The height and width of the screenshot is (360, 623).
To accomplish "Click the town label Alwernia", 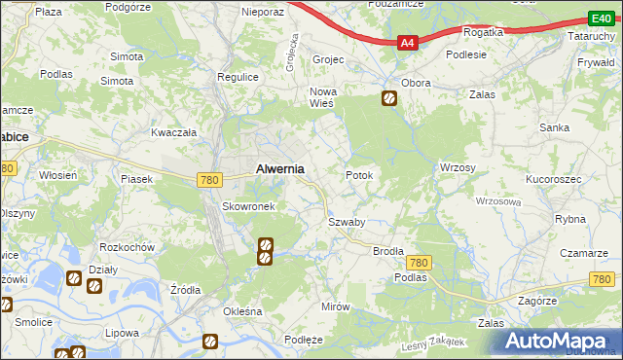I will (279, 168).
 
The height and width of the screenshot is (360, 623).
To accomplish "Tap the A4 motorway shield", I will (409, 42).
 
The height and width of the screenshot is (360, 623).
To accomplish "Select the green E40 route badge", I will (601, 18).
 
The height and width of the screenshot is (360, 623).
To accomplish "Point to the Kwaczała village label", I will (174, 131).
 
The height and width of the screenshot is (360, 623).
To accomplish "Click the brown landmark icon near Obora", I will (388, 98).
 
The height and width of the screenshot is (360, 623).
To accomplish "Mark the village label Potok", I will (359, 175).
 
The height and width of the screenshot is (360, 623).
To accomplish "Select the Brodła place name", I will (388, 250).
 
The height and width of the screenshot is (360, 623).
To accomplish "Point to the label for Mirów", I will (335, 306).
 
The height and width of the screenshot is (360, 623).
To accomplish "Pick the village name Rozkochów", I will (128, 247).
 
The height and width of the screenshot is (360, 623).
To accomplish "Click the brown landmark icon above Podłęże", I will (209, 341).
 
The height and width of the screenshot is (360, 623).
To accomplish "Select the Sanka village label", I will (556, 127).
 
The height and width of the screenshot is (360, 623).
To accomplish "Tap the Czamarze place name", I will (583, 252).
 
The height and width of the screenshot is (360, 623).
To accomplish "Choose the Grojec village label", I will (329, 59).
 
